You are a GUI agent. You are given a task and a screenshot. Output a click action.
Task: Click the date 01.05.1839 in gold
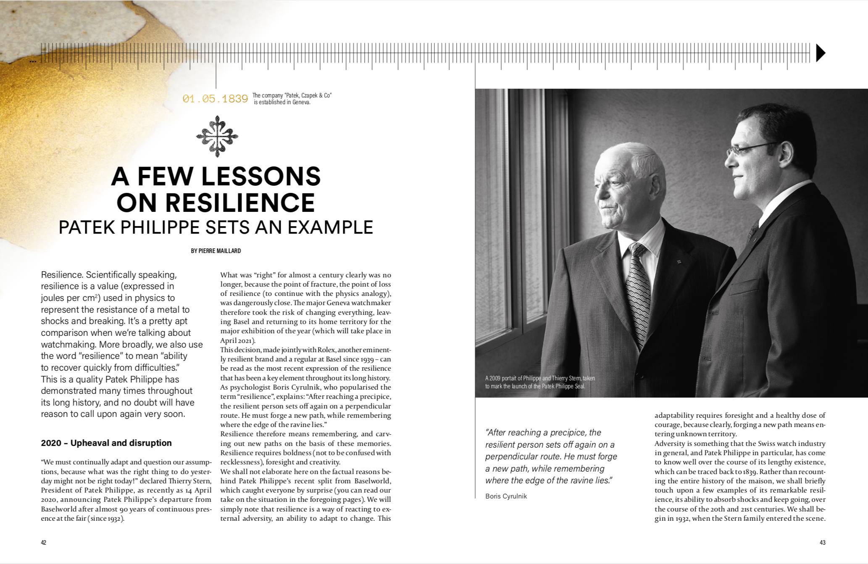point(215,99)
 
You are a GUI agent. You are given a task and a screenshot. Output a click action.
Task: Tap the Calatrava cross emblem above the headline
point(217,136)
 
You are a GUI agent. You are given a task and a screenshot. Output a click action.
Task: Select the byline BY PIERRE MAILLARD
point(216,251)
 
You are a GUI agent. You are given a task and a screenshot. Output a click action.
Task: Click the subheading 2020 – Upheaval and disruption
point(106,443)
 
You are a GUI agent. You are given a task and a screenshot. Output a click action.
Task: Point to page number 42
point(44,543)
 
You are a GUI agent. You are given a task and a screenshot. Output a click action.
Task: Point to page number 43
point(823,543)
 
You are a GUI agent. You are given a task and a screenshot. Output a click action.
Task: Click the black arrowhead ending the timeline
point(820,53)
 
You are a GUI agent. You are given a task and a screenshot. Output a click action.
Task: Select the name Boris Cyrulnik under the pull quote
point(506,496)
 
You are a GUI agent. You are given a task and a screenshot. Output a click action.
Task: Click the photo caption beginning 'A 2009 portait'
point(540,382)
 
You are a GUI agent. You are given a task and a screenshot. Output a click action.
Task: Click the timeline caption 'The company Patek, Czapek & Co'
point(292,99)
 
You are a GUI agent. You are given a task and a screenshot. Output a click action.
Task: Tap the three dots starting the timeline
point(33,61)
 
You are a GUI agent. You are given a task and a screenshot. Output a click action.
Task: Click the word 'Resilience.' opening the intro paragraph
point(61,275)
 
